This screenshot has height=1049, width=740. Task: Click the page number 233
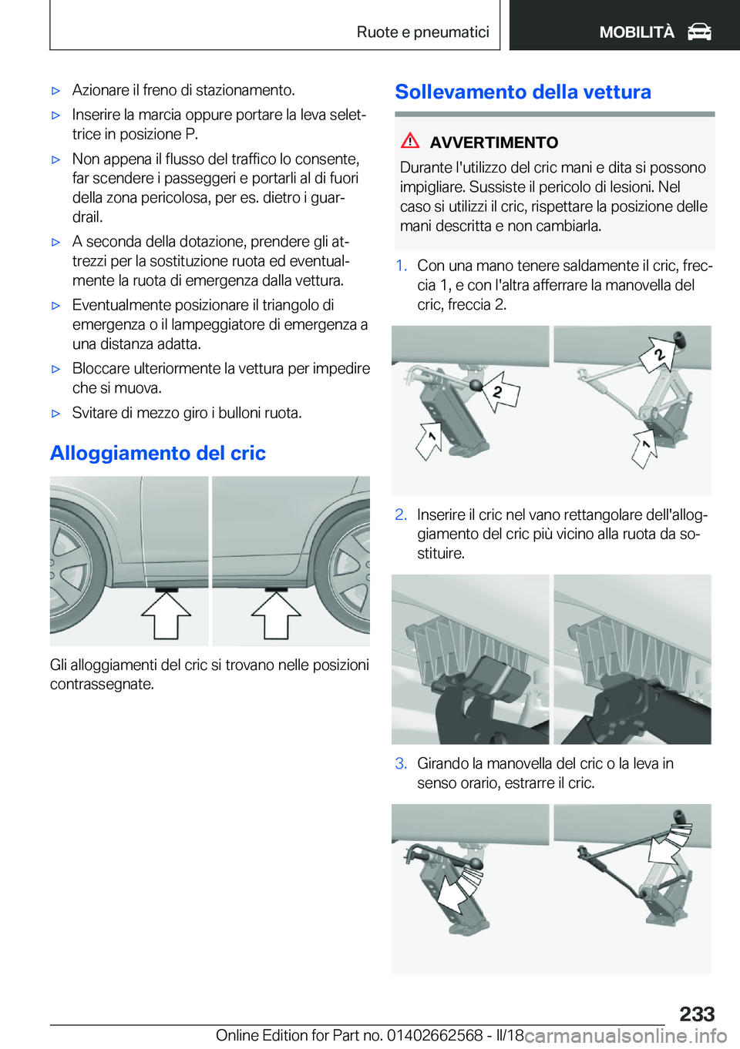697,1014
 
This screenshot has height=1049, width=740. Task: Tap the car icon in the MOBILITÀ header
699,32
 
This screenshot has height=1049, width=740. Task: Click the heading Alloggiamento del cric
158,453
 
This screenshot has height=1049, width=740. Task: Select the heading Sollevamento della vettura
523,92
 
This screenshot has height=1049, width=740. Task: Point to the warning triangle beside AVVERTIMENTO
410,141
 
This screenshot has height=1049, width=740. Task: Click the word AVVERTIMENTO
493,142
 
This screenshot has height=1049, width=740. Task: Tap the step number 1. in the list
401,266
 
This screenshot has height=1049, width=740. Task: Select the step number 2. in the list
401,514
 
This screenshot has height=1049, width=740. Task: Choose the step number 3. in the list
401,763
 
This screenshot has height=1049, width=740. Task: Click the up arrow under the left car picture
166,615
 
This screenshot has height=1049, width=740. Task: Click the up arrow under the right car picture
276,615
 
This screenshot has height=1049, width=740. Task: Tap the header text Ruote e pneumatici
422,32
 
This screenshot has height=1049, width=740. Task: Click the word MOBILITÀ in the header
637,32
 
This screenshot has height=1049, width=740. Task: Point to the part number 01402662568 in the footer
435,1035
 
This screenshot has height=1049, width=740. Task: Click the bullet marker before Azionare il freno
55,91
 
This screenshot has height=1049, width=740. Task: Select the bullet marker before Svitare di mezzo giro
55,414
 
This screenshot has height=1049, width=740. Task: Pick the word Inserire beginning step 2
441,514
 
